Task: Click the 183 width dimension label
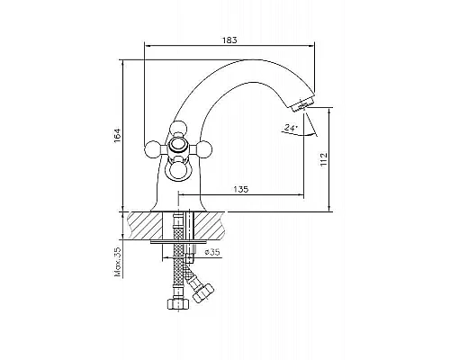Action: (229, 40)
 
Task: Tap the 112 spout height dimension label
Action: (324, 160)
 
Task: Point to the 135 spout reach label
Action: (241, 189)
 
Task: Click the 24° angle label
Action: (291, 128)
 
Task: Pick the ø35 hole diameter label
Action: (212, 252)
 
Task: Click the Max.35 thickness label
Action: (118, 262)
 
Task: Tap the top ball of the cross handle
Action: (178, 129)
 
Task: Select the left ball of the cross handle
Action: (153, 149)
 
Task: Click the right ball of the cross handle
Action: (204, 149)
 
